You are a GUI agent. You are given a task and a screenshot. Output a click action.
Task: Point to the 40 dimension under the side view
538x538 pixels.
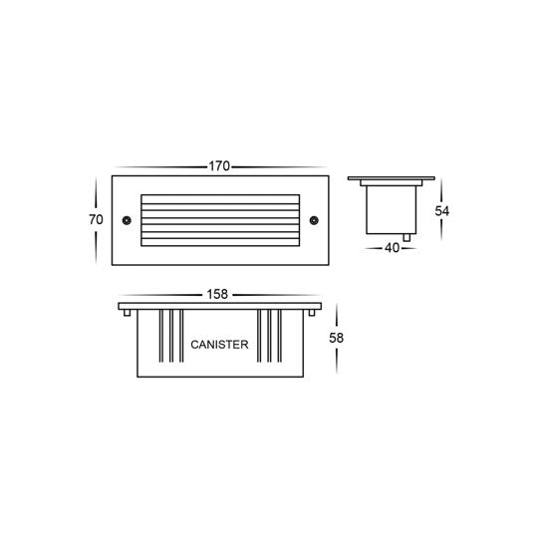click(392, 248)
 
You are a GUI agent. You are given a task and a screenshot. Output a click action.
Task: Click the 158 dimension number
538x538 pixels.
click(218, 294)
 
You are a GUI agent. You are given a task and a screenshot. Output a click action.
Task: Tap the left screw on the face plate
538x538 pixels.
click(126, 219)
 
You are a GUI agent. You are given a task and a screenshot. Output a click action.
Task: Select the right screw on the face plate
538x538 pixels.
click(312, 219)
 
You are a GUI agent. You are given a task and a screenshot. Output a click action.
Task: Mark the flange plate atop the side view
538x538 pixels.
click(392, 179)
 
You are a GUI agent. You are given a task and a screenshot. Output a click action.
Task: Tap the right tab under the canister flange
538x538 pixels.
click(313, 313)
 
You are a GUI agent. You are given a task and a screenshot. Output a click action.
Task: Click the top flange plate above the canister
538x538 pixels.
click(219, 305)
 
